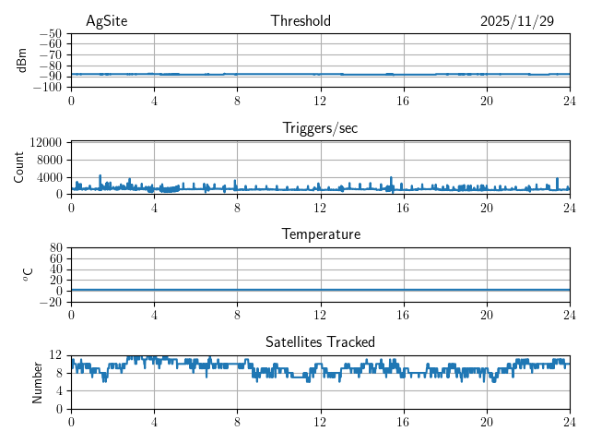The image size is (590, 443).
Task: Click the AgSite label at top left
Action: [108, 21]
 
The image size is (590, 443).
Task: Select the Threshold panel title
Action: [301, 21]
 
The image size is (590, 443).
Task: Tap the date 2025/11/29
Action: [517, 21]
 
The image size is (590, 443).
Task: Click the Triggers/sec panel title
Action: [320, 128]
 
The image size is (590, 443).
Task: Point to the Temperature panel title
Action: [320, 234]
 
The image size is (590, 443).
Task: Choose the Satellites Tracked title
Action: [320, 341]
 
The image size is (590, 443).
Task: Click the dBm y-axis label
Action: [23, 60]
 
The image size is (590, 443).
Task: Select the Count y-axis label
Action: [19, 167]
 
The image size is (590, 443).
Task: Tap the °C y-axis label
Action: [28, 274]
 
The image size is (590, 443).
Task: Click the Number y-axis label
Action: [37, 381]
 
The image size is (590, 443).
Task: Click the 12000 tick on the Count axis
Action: [46, 142]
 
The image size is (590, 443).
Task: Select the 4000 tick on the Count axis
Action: [50, 176]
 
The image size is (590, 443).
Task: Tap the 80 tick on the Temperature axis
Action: [56, 248]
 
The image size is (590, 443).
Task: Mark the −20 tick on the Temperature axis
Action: [51, 302]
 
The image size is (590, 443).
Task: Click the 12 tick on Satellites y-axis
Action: [56, 355]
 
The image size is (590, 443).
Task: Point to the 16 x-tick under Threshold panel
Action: [403, 102]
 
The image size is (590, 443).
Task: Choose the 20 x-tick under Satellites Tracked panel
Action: [486, 422]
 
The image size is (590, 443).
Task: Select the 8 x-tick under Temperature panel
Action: [237, 315]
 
